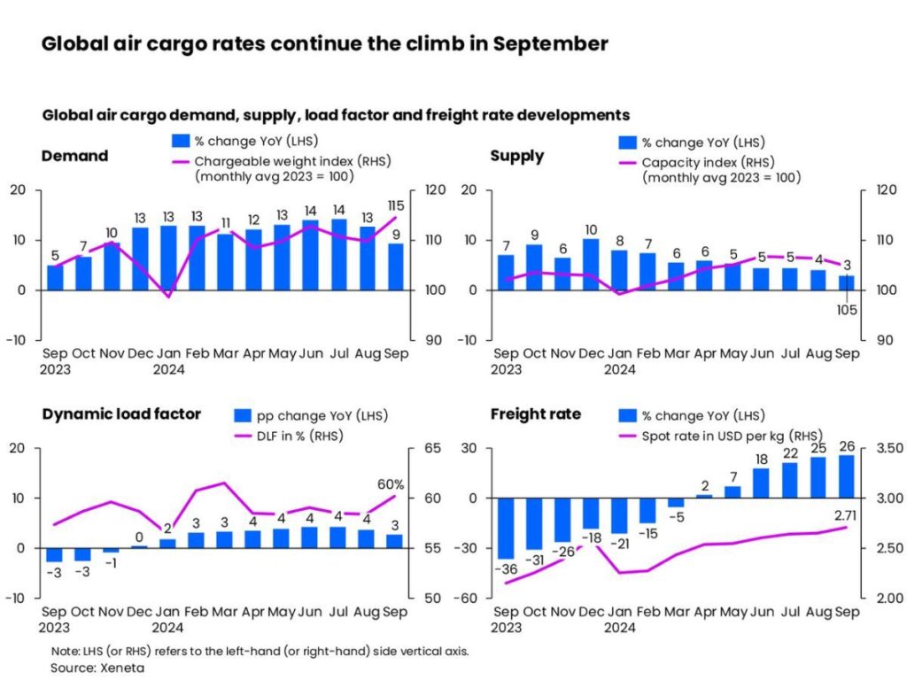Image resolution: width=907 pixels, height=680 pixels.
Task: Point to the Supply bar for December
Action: click(591, 264)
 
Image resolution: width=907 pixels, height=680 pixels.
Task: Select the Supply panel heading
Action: click(517, 156)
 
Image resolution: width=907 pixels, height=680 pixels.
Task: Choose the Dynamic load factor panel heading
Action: click(120, 413)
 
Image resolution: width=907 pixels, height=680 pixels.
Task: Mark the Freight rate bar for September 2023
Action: click(506, 528)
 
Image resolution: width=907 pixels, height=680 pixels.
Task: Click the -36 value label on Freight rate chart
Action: click(506, 566)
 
